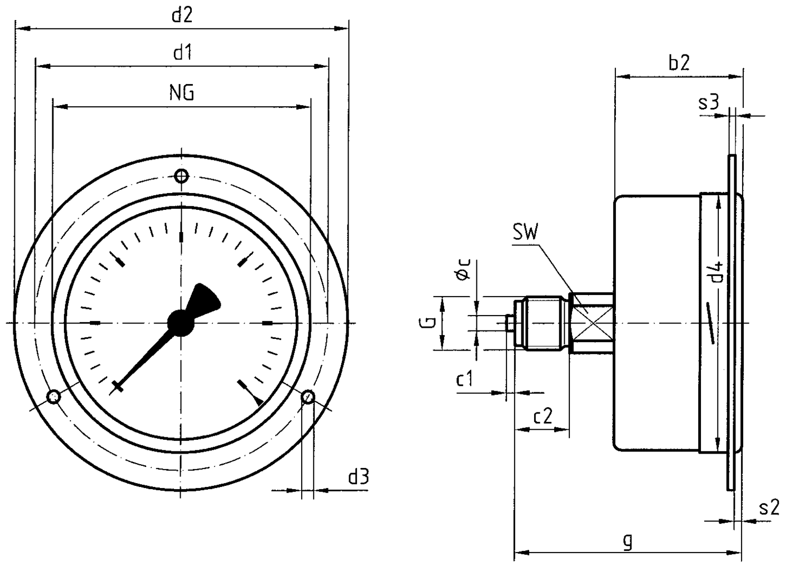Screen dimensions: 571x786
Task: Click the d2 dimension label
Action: point(182,15)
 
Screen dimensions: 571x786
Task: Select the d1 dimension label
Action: point(182,53)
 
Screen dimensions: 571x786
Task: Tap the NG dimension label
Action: point(182,93)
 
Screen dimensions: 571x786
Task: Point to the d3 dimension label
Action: point(358,477)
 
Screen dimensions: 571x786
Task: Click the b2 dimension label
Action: point(679,63)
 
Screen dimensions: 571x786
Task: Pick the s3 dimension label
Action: point(708,102)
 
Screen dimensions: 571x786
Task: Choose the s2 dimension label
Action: point(769,508)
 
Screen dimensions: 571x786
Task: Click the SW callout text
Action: point(525,233)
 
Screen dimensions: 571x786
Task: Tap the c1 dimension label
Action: point(465,379)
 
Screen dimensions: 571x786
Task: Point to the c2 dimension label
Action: point(542,417)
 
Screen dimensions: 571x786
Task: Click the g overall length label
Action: point(628,541)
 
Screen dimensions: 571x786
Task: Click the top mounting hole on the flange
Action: point(181,176)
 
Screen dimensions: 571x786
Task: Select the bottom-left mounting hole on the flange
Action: point(54,397)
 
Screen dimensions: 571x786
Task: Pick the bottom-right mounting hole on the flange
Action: point(307,397)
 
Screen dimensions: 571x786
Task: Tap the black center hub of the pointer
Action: point(181,322)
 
